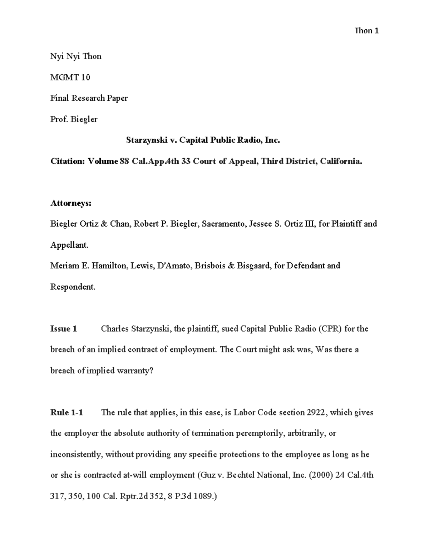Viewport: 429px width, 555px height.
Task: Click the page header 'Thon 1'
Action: click(x=366, y=31)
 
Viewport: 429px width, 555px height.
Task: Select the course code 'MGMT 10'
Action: click(x=70, y=77)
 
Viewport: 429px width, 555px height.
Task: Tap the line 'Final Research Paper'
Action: click(x=89, y=98)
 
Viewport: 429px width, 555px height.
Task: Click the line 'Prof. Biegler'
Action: click(x=74, y=119)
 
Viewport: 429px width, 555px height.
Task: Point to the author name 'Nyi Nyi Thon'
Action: click(x=76, y=56)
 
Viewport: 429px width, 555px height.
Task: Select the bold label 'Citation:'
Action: click(x=68, y=161)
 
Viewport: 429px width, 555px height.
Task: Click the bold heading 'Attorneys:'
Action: click(x=71, y=203)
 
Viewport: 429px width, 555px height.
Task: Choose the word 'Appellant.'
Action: click(x=69, y=245)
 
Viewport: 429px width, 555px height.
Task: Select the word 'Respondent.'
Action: click(x=73, y=287)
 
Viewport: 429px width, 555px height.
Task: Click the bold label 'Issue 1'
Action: click(x=64, y=328)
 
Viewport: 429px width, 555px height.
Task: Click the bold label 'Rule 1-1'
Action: click(x=66, y=412)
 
